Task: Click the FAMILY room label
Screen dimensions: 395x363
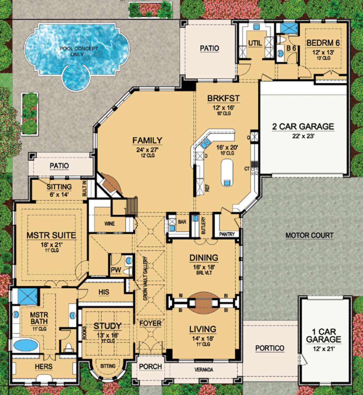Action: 147,141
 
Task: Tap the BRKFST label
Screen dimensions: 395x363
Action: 223,99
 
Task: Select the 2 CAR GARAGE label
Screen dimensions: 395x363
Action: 303,126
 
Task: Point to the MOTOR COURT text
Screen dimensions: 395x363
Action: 309,235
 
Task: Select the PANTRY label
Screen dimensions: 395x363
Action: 227,234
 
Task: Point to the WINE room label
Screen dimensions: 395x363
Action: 110,224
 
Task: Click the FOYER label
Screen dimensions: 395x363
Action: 150,323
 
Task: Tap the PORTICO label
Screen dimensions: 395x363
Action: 270,348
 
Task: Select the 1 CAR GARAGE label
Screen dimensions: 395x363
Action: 323,335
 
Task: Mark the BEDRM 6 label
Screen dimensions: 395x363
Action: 323,43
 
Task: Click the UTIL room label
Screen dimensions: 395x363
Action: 255,43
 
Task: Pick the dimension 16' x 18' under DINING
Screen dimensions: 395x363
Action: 204,267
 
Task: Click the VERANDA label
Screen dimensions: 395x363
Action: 204,370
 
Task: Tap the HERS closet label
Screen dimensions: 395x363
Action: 44,367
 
